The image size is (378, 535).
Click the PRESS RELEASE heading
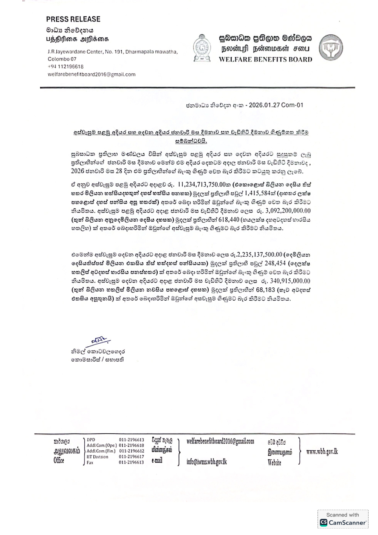(73, 19)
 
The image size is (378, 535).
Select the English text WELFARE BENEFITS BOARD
(265, 59)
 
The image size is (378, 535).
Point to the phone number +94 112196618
(65, 67)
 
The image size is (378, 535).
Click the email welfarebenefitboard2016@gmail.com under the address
(91, 74)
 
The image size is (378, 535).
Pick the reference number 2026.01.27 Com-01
(276, 105)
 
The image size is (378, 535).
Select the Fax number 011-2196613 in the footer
(131, 462)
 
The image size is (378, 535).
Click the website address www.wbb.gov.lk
(322, 451)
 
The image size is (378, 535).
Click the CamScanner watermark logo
(343, 523)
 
